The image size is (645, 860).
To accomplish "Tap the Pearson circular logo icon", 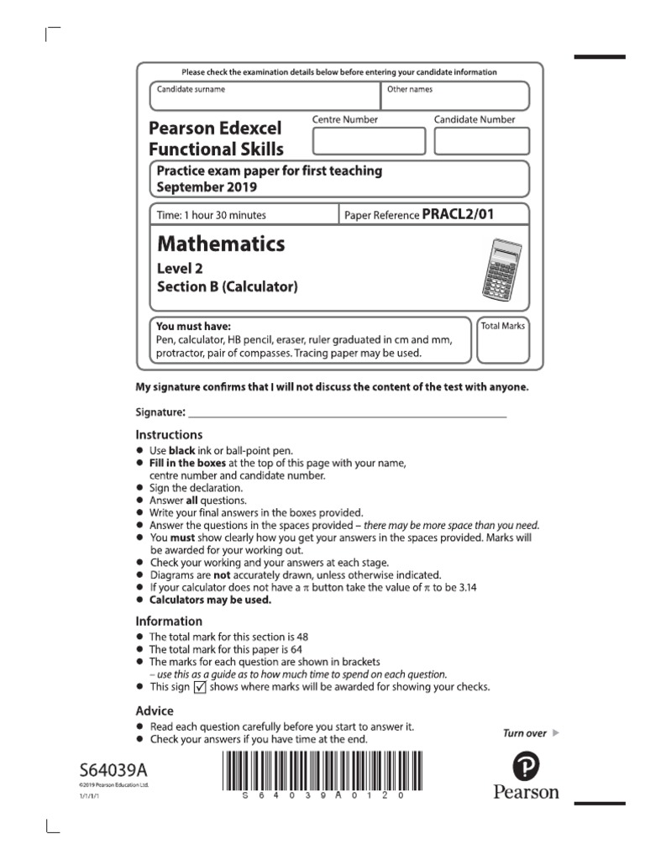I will click(525, 765).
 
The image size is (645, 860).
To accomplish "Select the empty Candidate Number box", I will click(480, 140).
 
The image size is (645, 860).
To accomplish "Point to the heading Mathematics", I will click(221, 244).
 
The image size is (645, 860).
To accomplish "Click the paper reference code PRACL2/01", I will click(458, 214).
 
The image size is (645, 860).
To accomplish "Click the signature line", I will click(348, 415).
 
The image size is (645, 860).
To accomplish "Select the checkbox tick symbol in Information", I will click(200, 687).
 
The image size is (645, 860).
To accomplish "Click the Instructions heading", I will click(169, 435).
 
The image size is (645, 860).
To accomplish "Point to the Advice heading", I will click(155, 711).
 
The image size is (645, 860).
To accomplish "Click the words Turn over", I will click(524, 733).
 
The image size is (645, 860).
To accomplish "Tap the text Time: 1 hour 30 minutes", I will click(212, 215).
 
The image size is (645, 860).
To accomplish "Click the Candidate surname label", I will click(191, 89).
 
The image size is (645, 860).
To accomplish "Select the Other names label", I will click(410, 89).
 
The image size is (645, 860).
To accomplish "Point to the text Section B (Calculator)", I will click(228, 287).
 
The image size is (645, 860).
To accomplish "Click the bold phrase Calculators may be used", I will click(210, 600).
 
